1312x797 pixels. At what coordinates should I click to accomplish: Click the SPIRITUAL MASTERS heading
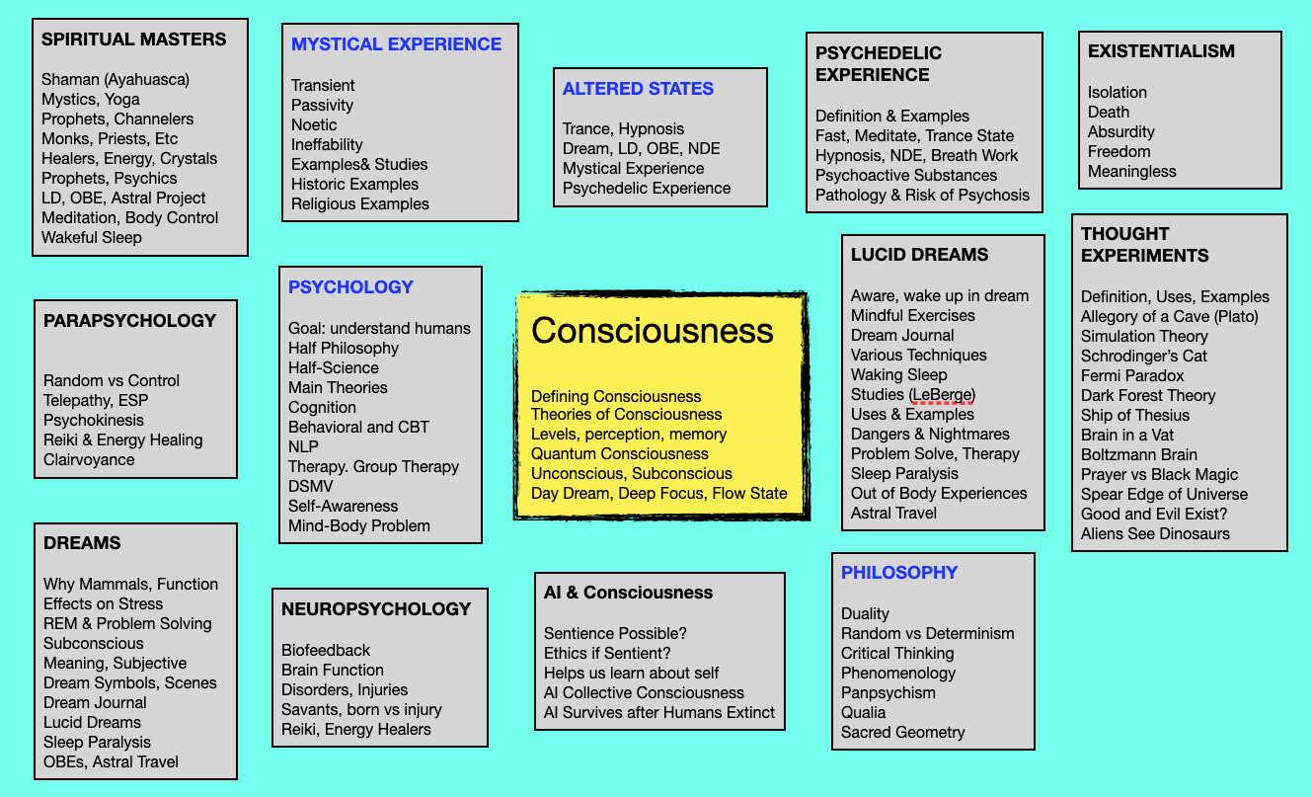point(133,40)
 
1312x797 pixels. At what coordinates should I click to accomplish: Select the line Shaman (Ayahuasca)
point(115,79)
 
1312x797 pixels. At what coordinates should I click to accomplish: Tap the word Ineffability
point(327,144)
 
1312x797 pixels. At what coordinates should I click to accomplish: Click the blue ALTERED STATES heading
point(638,89)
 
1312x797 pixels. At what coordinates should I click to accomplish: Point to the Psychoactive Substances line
point(906,175)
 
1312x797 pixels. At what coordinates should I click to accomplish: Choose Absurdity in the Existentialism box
point(1120,131)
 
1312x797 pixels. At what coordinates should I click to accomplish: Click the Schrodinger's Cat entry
point(1143,356)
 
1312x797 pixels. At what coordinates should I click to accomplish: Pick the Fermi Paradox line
point(1132,375)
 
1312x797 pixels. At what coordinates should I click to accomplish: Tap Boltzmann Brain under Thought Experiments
point(1138,454)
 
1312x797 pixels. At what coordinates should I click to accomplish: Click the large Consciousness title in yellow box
point(653,331)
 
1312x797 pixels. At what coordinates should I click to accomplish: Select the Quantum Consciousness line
point(619,453)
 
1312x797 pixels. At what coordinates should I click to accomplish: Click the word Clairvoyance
point(89,459)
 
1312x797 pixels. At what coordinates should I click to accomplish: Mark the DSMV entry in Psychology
point(313,486)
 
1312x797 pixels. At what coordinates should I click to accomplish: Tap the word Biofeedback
point(326,650)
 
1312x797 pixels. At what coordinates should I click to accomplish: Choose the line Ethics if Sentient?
point(607,653)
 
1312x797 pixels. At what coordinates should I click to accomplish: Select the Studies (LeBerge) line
point(912,394)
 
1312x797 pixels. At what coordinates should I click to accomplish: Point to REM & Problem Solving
point(127,623)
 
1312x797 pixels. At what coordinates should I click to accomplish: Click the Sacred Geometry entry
point(902,732)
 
